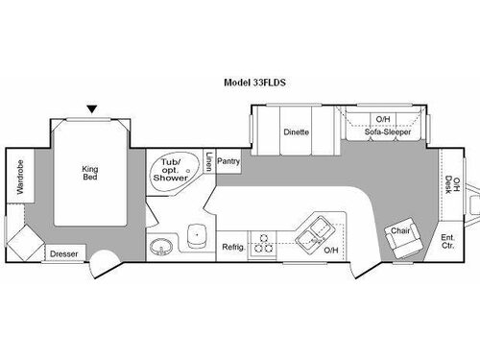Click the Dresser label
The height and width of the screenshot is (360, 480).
coord(65,254)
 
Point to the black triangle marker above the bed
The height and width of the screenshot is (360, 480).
coord(91,109)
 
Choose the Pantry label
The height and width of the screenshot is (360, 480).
coord(228,160)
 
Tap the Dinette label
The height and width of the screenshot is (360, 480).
coord(295,132)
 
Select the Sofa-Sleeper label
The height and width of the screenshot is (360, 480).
coord(388,132)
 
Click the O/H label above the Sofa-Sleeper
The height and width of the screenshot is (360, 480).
coord(382,119)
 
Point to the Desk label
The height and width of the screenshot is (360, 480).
coord(449,182)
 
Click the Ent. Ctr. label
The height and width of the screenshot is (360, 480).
coord(448,241)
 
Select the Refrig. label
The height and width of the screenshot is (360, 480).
coord(233,247)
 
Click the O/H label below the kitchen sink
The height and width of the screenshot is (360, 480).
coord(331,252)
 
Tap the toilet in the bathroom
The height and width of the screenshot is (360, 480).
coord(198,236)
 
